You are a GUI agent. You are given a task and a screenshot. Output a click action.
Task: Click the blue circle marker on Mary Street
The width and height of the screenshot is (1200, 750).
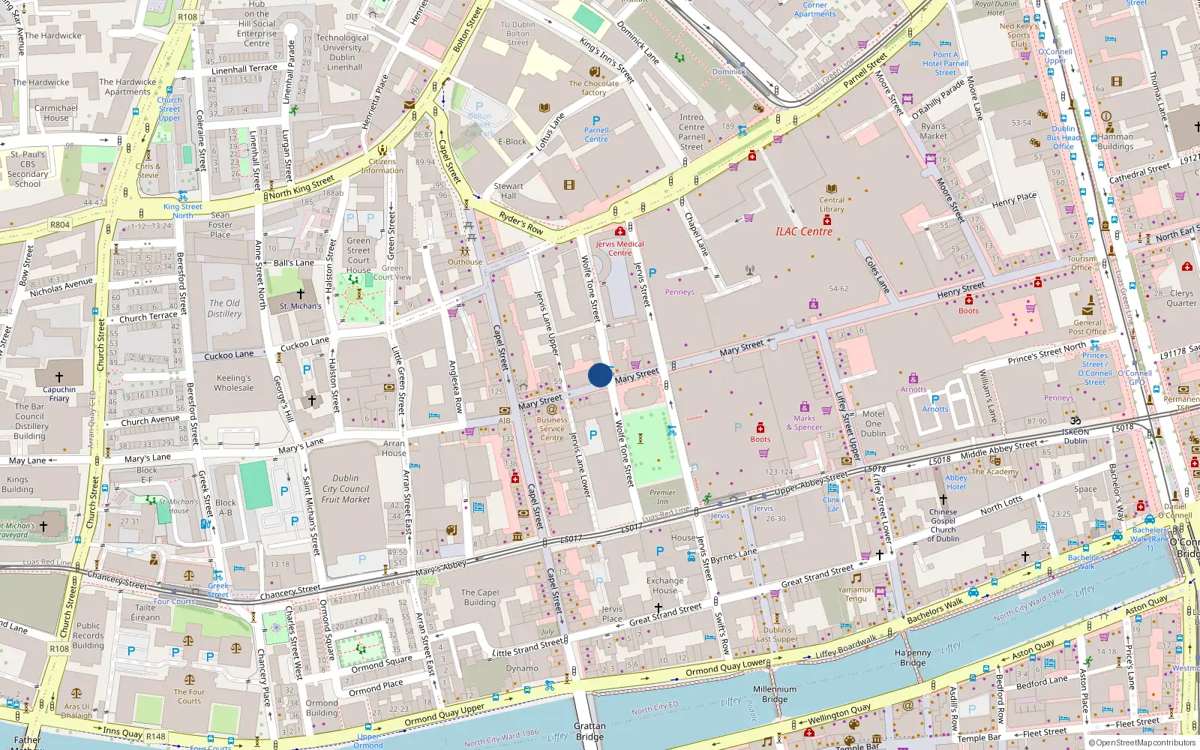pos(600,375)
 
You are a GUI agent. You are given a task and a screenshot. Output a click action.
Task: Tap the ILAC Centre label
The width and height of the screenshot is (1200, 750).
pos(804,232)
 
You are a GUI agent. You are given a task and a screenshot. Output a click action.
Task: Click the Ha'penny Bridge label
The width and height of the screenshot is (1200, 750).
pos(913,658)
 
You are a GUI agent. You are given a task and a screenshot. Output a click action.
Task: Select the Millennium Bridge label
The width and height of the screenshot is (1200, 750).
pos(775,694)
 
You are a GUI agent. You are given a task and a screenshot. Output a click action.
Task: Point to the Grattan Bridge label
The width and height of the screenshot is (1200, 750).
pos(589,731)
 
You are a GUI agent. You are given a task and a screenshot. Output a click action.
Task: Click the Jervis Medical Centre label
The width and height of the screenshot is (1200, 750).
pos(619,248)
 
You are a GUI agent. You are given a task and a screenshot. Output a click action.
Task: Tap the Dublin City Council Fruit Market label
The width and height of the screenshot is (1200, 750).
pos(346,488)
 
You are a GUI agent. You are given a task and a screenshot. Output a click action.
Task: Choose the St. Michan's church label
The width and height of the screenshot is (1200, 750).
pos(300,306)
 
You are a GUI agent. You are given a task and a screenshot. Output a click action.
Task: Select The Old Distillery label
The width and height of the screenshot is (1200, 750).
pos(224,308)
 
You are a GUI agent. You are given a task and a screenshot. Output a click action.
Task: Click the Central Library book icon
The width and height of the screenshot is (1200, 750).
pos(831,189)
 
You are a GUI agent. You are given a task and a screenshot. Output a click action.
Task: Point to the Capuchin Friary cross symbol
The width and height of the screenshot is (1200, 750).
pos(59,377)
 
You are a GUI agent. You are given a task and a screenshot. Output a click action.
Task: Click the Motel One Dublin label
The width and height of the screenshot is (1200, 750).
pos(873,424)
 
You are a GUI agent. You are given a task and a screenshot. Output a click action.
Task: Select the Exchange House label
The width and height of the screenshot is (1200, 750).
pos(664,585)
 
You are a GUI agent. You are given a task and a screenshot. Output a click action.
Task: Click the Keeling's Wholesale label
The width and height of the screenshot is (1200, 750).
pos(234,383)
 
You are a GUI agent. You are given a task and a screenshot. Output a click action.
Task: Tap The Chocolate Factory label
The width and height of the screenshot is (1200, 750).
pos(594,88)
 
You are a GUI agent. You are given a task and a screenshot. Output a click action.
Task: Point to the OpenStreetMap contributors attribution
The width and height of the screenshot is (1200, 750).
pos(1142,743)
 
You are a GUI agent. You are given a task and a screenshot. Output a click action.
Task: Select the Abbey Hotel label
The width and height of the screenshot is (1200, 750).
pos(956,482)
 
